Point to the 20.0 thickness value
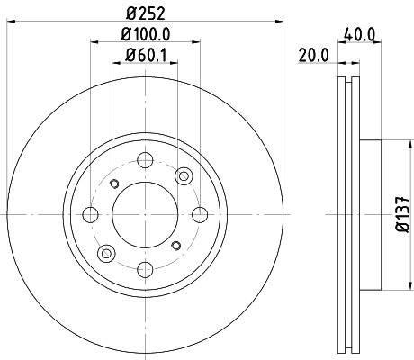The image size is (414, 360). [x=314, y=57]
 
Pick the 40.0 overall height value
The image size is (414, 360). [x=359, y=37]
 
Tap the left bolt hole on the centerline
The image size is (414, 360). [x=91, y=214]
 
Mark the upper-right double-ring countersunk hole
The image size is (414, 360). [x=185, y=176]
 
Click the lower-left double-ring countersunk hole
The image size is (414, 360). [x=107, y=253]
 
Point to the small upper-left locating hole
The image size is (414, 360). [x=113, y=184]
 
